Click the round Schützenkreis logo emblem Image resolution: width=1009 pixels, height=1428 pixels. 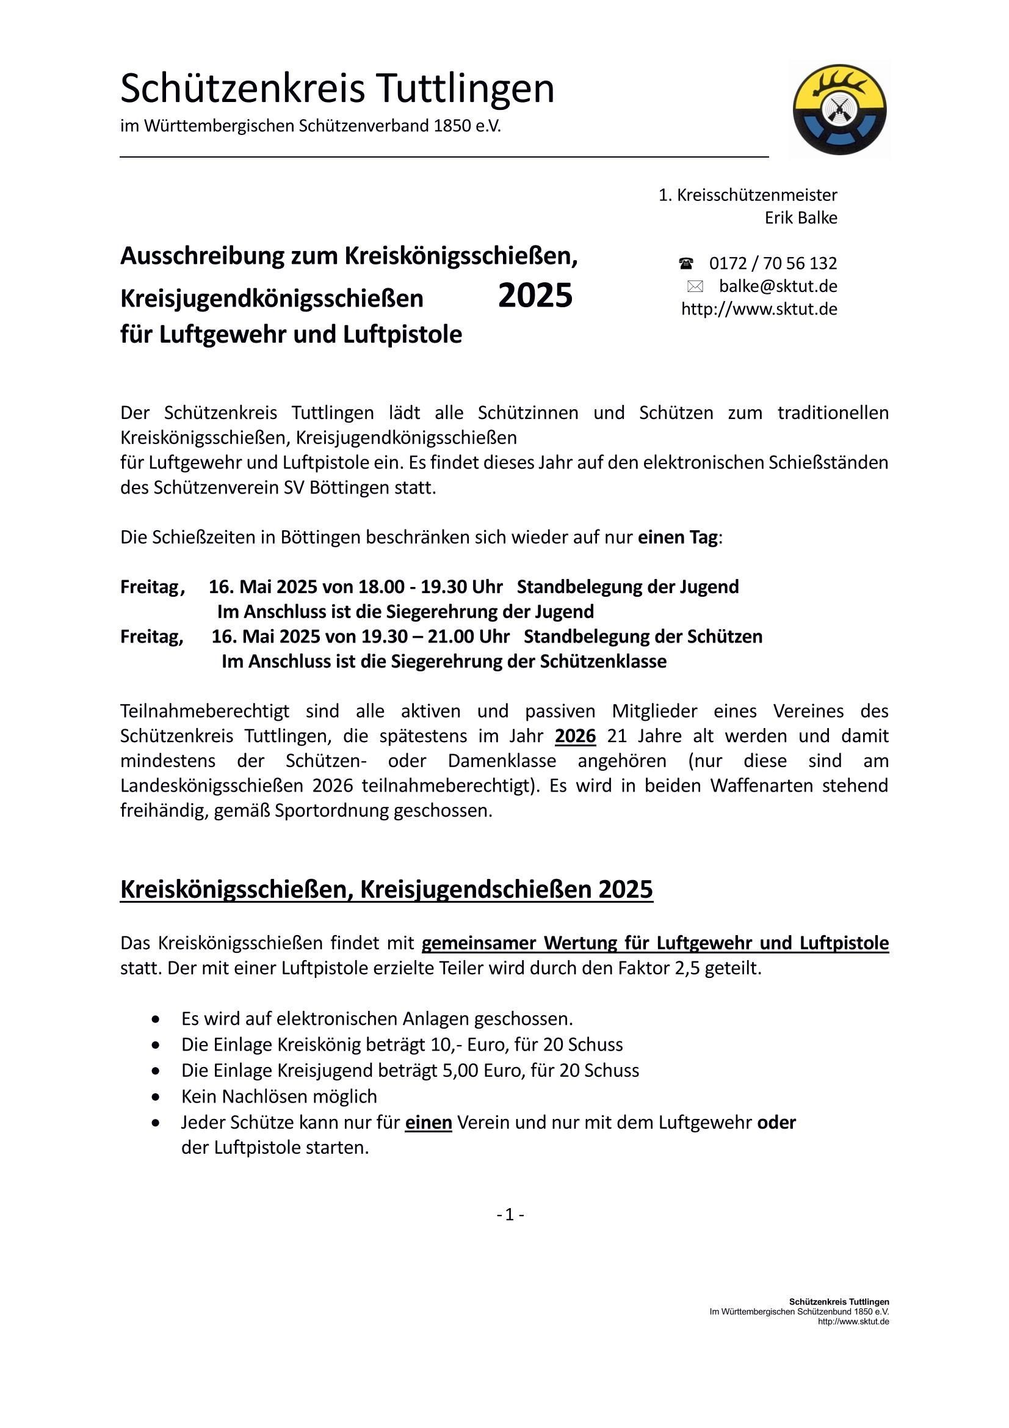point(839,109)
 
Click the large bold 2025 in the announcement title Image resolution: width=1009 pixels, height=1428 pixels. point(535,296)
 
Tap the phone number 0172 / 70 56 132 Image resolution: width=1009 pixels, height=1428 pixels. point(773,264)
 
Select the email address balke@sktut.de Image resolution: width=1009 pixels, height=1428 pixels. point(778,286)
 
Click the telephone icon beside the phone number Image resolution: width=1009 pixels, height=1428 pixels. point(685,264)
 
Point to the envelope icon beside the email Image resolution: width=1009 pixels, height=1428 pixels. point(695,286)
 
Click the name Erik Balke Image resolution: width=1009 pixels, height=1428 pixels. point(801,218)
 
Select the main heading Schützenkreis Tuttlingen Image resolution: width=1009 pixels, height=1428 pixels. point(337,89)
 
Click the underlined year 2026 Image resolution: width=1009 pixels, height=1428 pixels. point(575,737)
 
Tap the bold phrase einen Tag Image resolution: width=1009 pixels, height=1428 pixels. point(678,537)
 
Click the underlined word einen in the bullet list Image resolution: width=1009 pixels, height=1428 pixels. point(429,1123)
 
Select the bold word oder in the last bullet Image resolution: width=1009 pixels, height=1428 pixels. point(776,1123)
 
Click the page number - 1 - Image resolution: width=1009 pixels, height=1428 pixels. point(510,1215)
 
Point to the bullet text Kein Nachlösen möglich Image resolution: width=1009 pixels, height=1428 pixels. point(279,1096)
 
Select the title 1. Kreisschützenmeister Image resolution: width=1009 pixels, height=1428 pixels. point(748,195)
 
